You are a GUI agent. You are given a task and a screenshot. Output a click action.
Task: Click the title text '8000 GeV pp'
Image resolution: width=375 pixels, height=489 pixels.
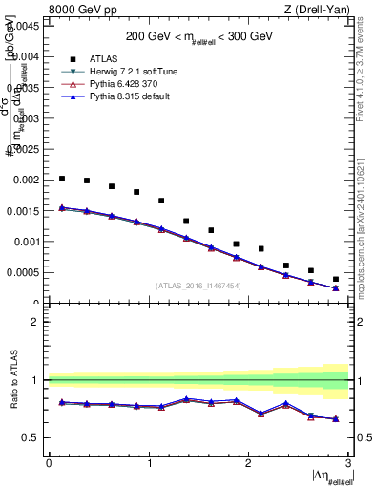(74, 10)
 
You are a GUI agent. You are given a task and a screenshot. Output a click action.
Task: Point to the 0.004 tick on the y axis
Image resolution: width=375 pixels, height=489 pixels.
(28, 56)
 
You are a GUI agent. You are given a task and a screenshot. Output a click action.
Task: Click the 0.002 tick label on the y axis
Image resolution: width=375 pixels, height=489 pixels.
(28, 180)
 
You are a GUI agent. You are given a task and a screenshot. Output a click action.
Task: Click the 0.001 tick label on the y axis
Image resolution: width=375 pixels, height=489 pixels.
(28, 242)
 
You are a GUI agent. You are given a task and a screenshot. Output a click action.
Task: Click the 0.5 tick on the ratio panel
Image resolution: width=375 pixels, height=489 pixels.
(33, 437)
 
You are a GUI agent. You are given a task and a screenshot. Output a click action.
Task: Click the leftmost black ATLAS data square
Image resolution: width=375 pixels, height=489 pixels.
(62, 179)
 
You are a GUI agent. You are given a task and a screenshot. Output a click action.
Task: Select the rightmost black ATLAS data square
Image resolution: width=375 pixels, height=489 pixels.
(336, 279)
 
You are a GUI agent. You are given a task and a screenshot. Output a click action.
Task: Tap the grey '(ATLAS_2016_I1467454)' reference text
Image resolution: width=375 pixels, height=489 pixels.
(198, 286)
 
